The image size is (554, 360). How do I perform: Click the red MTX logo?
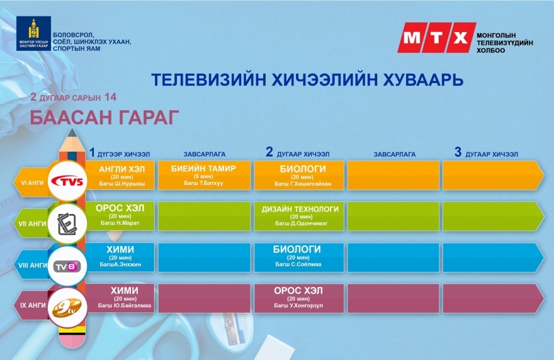click(x=437, y=38)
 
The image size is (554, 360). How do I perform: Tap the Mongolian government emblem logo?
click(x=33, y=33)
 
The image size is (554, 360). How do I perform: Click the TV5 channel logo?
click(x=67, y=182)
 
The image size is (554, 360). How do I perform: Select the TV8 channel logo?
click(x=67, y=266)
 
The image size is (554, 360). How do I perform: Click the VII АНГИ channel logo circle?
click(x=67, y=223)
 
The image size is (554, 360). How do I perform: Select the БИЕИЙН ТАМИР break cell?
click(x=204, y=176)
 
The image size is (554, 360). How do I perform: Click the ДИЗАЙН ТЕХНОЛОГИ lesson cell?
click(x=299, y=217)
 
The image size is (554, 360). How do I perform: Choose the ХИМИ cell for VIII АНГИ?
click(x=120, y=257)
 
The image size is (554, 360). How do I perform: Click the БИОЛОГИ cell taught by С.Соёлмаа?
click(x=299, y=257)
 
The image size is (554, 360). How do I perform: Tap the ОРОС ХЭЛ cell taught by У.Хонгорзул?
click(x=299, y=298)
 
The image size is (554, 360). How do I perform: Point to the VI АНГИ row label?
click(x=32, y=183)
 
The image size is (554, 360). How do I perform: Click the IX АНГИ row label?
click(x=33, y=305)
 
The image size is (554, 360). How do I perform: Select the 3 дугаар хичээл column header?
click(x=486, y=152)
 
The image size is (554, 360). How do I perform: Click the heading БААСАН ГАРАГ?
click(x=105, y=118)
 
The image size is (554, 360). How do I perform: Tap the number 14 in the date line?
click(x=110, y=97)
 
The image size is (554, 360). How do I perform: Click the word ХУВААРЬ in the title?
click(x=422, y=79)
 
